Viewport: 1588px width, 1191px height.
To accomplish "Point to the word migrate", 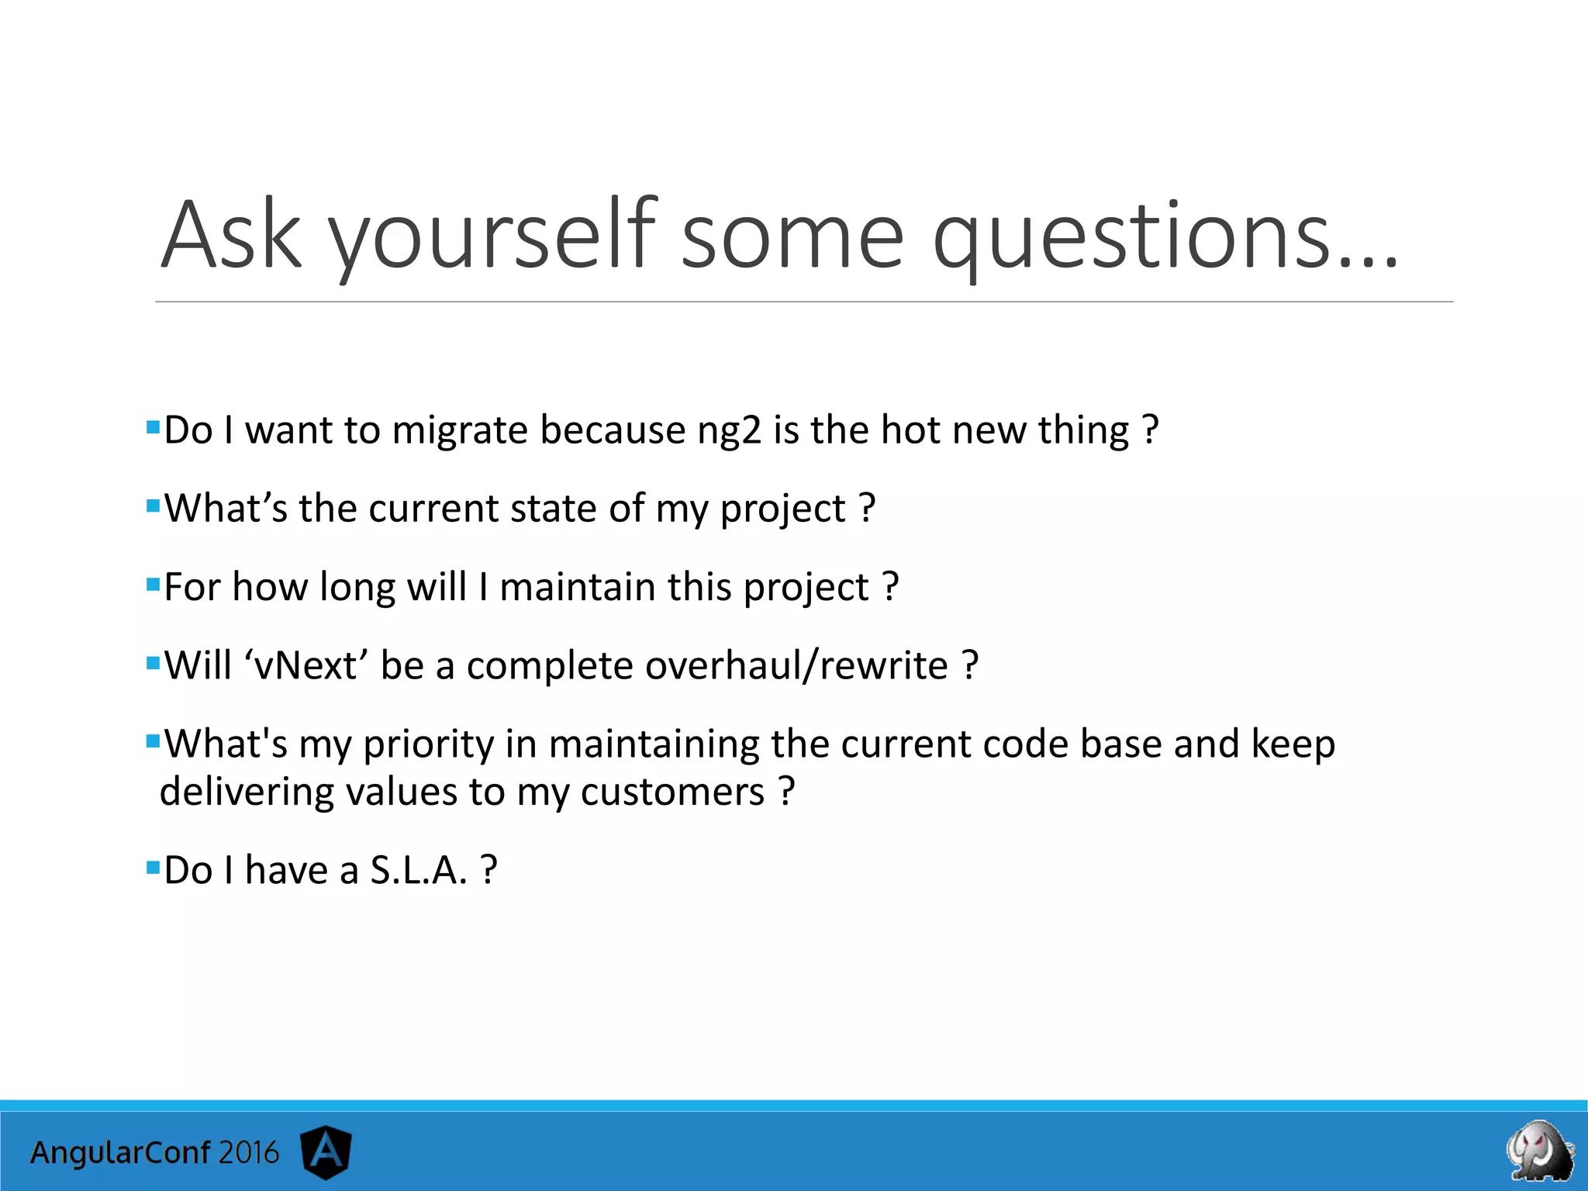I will coord(460,430).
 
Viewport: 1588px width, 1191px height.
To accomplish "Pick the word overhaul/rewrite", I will coord(796,665).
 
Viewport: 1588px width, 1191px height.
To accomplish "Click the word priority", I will coord(428,744).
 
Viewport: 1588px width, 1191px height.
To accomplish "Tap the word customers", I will coord(672,792).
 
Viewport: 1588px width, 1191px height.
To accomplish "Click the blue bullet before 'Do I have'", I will coord(153,865).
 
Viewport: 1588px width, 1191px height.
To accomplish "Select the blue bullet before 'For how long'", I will coord(153,583).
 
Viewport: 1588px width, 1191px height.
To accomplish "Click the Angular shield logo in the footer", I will coord(326,1152).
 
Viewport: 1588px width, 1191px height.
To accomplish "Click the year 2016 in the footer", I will coord(248,1153).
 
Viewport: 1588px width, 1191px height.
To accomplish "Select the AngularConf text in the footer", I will coord(120,1153).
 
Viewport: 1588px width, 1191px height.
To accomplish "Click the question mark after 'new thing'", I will coord(1151,430).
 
